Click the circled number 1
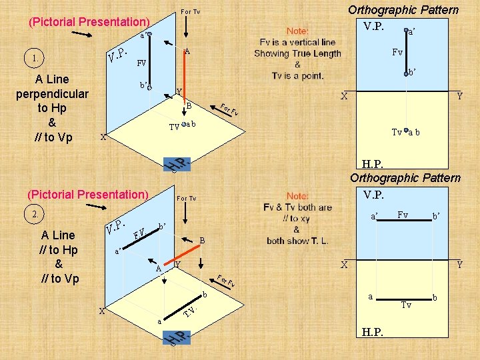pos(34,58)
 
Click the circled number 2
pos(34,214)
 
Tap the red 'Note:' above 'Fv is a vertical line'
pos(297,31)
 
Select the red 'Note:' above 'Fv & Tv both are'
pos(297,196)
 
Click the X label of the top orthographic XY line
pos(344,97)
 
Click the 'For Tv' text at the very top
pos(191,12)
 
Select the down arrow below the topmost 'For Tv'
pos(187,27)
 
